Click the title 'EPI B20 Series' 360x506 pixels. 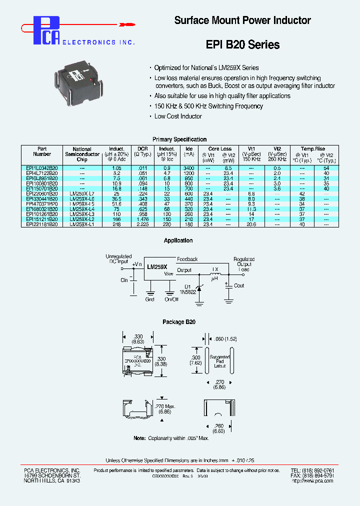click(242, 44)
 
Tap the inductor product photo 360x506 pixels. click(81, 80)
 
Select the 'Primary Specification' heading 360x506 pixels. click(179, 139)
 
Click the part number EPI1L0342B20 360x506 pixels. click(42, 168)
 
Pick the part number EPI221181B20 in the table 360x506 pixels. click(42, 224)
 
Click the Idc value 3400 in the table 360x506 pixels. click(188, 168)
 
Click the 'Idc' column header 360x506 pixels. click(188, 148)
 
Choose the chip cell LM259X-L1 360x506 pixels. click(82, 224)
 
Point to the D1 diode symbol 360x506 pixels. click(199, 288)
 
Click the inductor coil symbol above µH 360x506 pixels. click(215, 273)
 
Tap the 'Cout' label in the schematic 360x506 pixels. click(239, 285)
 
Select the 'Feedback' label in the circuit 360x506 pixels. click(187, 259)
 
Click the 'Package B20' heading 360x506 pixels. click(178, 322)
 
